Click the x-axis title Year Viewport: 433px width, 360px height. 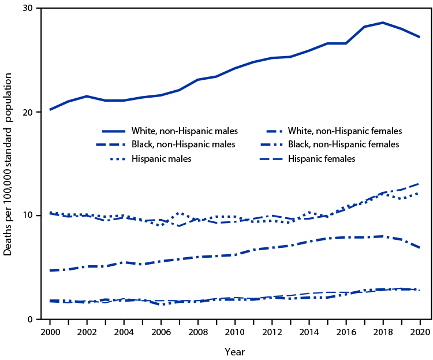pyautogui.click(x=234, y=350)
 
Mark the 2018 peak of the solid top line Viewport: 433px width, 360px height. pyautogui.click(x=382, y=23)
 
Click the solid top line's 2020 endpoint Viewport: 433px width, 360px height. pyautogui.click(x=419, y=37)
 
